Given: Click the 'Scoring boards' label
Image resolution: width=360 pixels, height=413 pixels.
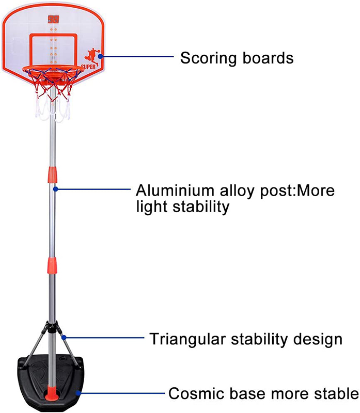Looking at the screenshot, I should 237,57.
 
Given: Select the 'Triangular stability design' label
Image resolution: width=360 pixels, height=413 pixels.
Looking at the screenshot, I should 246,339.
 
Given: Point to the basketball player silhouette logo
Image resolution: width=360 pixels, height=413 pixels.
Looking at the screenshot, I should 91,56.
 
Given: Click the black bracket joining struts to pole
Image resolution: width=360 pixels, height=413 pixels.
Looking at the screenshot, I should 52,327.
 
